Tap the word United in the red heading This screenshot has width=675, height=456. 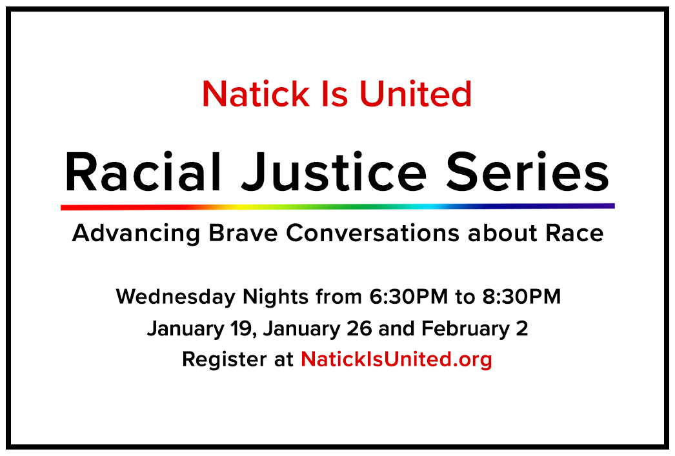pyautogui.click(x=416, y=94)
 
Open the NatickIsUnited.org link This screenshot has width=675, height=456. pyautogui.click(x=396, y=359)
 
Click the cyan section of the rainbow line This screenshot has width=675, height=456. pyautogui.click(x=426, y=207)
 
